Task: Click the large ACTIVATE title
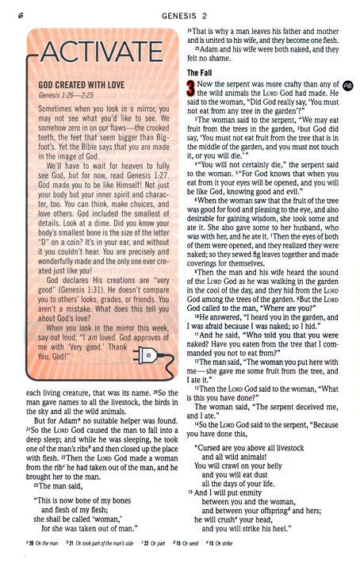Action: [x=91, y=54]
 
